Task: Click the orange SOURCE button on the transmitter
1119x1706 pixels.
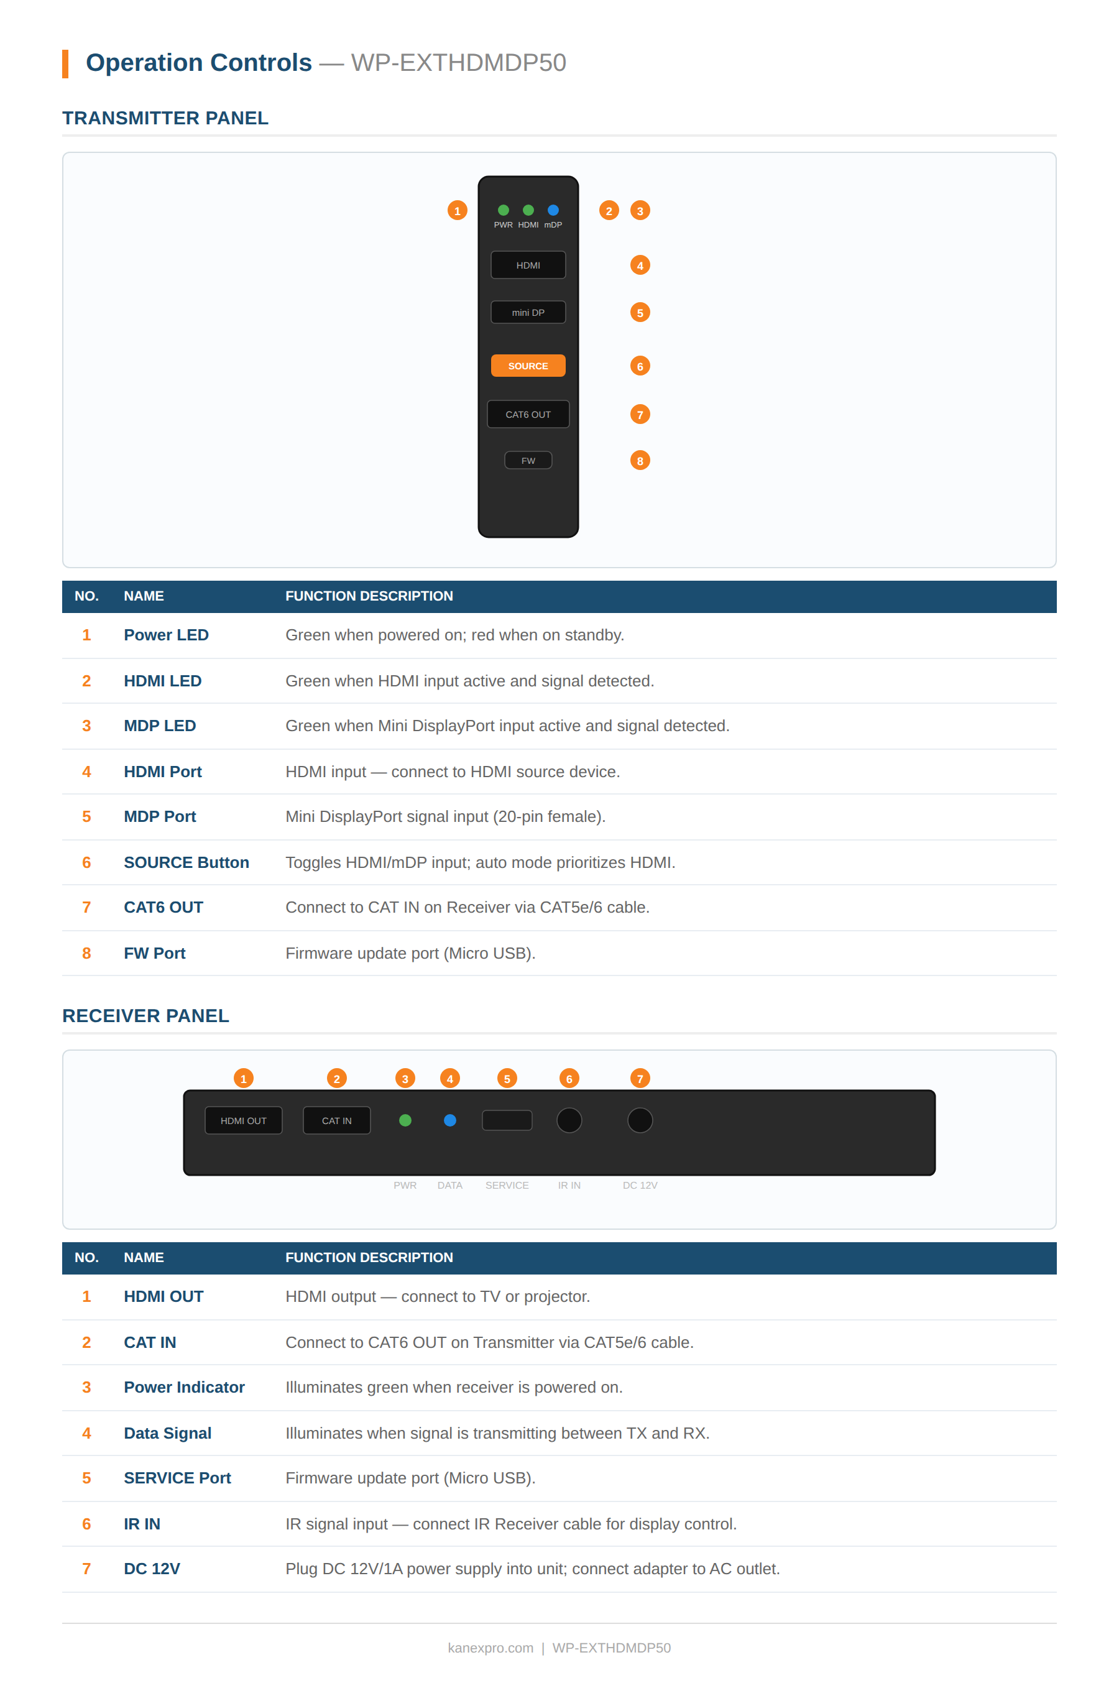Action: click(528, 366)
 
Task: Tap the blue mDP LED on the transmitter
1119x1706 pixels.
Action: click(553, 210)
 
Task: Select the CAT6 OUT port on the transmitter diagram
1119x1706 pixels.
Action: click(528, 414)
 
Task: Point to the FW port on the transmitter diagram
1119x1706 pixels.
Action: click(528, 460)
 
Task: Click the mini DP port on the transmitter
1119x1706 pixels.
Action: click(528, 313)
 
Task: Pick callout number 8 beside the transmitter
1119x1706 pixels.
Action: click(640, 460)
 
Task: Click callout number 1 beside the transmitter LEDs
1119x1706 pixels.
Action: click(457, 211)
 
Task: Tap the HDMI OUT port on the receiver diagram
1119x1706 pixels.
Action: click(243, 1120)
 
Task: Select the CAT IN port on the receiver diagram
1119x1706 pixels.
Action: click(336, 1120)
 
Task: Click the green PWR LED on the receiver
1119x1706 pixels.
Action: click(405, 1120)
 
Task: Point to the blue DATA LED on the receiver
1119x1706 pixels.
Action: click(449, 1120)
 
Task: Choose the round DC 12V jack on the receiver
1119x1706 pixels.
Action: click(640, 1120)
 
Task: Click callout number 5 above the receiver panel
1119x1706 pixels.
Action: click(507, 1079)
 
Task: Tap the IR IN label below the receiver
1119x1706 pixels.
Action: click(569, 1186)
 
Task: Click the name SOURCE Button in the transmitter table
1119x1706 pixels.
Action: click(186, 862)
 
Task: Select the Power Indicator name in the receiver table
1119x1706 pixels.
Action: click(184, 1388)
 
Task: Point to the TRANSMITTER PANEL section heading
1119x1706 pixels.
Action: click(165, 118)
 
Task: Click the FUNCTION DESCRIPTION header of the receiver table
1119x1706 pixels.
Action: click(369, 1258)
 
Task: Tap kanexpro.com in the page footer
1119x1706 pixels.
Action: click(490, 1648)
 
